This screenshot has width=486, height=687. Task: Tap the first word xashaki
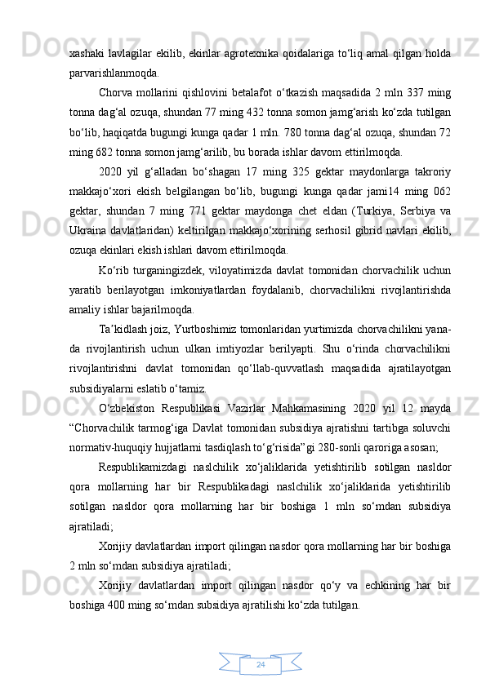[85, 54]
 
